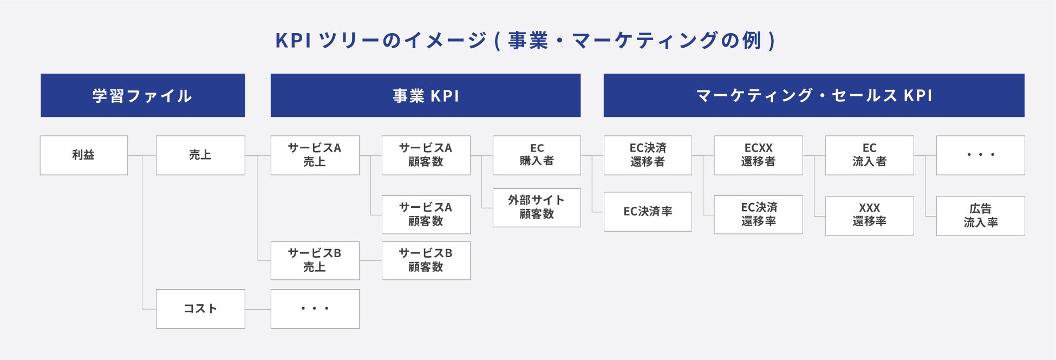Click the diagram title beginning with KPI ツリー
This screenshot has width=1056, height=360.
click(526, 41)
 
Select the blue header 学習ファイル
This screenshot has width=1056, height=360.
click(142, 95)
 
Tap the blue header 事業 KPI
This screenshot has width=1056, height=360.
click(426, 95)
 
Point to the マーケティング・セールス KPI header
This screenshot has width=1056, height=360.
click(814, 95)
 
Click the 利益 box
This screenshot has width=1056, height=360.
click(84, 155)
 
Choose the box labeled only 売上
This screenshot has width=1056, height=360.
click(200, 155)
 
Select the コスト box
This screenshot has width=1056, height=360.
click(200, 309)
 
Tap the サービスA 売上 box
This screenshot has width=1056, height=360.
click(315, 155)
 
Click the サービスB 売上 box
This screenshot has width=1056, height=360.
click(315, 260)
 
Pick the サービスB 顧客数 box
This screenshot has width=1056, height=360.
click(426, 260)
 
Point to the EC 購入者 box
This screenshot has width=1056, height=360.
click(537, 155)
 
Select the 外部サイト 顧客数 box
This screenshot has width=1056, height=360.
click(537, 207)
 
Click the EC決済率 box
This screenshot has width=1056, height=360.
click(648, 212)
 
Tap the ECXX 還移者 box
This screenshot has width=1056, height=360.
click(758, 155)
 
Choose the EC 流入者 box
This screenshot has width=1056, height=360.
click(869, 155)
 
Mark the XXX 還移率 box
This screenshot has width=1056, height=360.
click(869, 215)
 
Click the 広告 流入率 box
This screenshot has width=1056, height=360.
click(980, 215)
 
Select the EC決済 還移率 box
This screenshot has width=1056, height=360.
click(758, 214)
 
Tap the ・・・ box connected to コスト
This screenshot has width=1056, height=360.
click(315, 309)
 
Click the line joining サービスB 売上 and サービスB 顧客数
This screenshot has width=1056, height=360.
click(370, 261)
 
